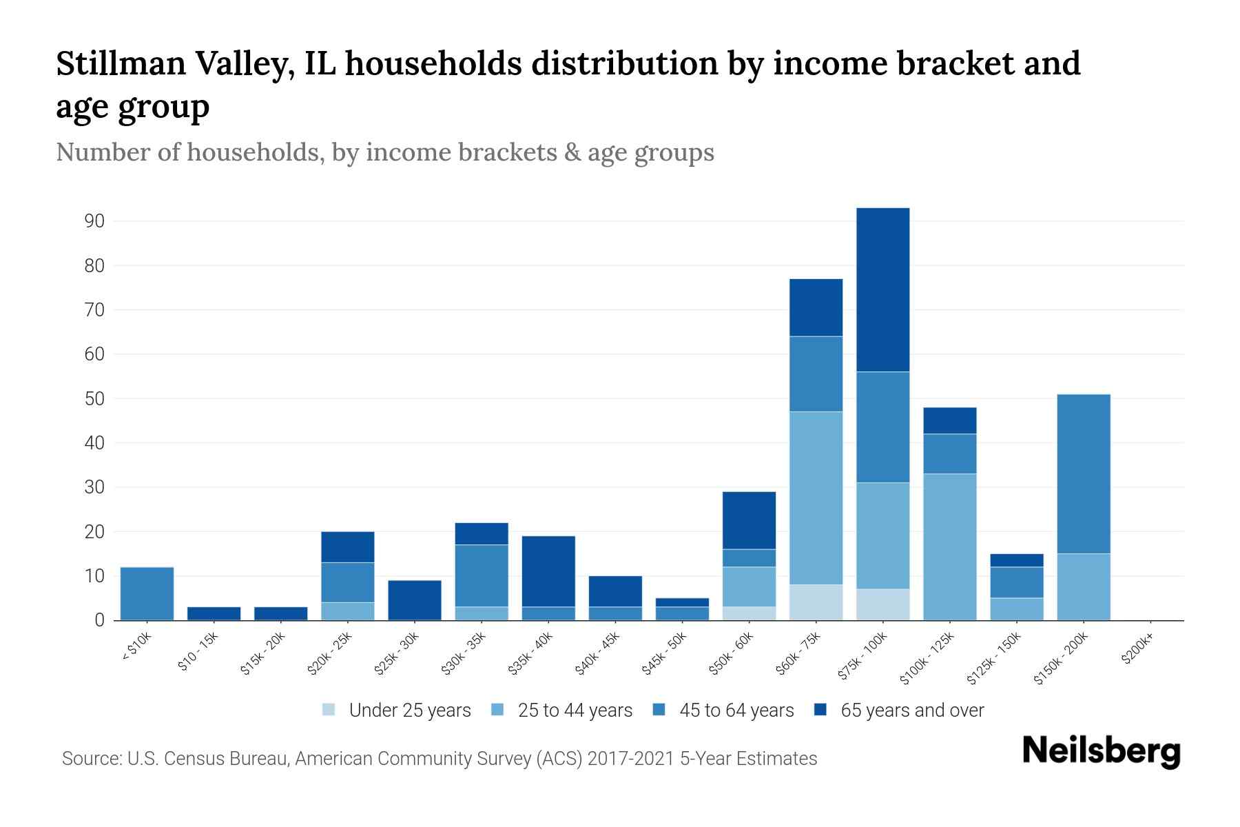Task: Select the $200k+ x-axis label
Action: pyautogui.click(x=1137, y=650)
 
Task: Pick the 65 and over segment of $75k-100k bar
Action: pyautogui.click(x=882, y=289)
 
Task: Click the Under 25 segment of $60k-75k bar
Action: pyautogui.click(x=816, y=602)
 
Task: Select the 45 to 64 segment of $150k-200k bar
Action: pyautogui.click(x=1084, y=473)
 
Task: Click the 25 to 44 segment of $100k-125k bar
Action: pyautogui.click(x=949, y=547)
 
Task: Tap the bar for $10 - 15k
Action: pyautogui.click(x=214, y=613)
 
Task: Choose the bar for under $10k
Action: pyautogui.click(x=147, y=593)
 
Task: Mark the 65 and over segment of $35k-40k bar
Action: pyautogui.click(x=548, y=571)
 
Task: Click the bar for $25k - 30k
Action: pyautogui.click(x=415, y=600)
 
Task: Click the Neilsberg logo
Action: pyautogui.click(x=1101, y=751)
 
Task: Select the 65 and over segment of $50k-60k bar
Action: pyautogui.click(x=749, y=520)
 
